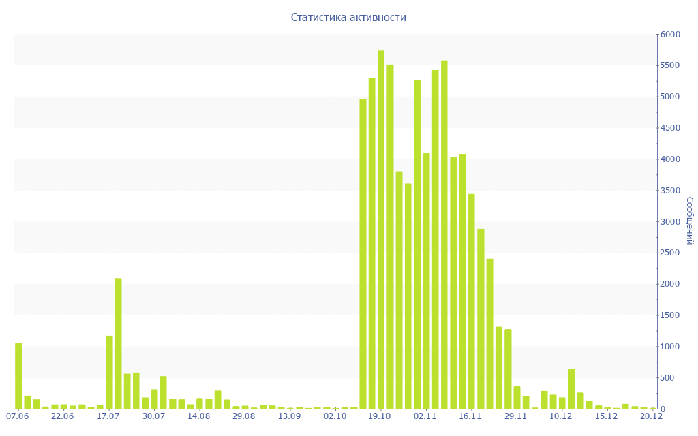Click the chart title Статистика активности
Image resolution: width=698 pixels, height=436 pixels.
(x=348, y=17)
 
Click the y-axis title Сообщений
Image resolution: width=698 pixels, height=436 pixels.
(x=689, y=221)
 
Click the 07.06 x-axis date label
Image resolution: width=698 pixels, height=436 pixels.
(x=17, y=416)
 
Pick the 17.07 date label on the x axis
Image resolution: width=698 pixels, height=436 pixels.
(x=108, y=416)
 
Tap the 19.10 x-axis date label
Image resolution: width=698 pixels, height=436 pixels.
(x=380, y=416)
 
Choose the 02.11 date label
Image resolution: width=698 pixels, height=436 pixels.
(x=425, y=416)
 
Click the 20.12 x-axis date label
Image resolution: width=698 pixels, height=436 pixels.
(x=651, y=416)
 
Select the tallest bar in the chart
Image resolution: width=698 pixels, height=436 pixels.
(x=380, y=230)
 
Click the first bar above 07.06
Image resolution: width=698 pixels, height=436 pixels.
(x=18, y=376)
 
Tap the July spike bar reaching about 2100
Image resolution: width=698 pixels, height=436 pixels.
(x=118, y=343)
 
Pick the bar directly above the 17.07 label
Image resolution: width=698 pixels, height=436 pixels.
(x=109, y=372)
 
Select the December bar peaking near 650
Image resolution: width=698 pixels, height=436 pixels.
(x=571, y=389)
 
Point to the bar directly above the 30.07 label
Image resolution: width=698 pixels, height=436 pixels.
(x=154, y=399)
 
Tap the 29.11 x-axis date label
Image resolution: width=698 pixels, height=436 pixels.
(x=515, y=416)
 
